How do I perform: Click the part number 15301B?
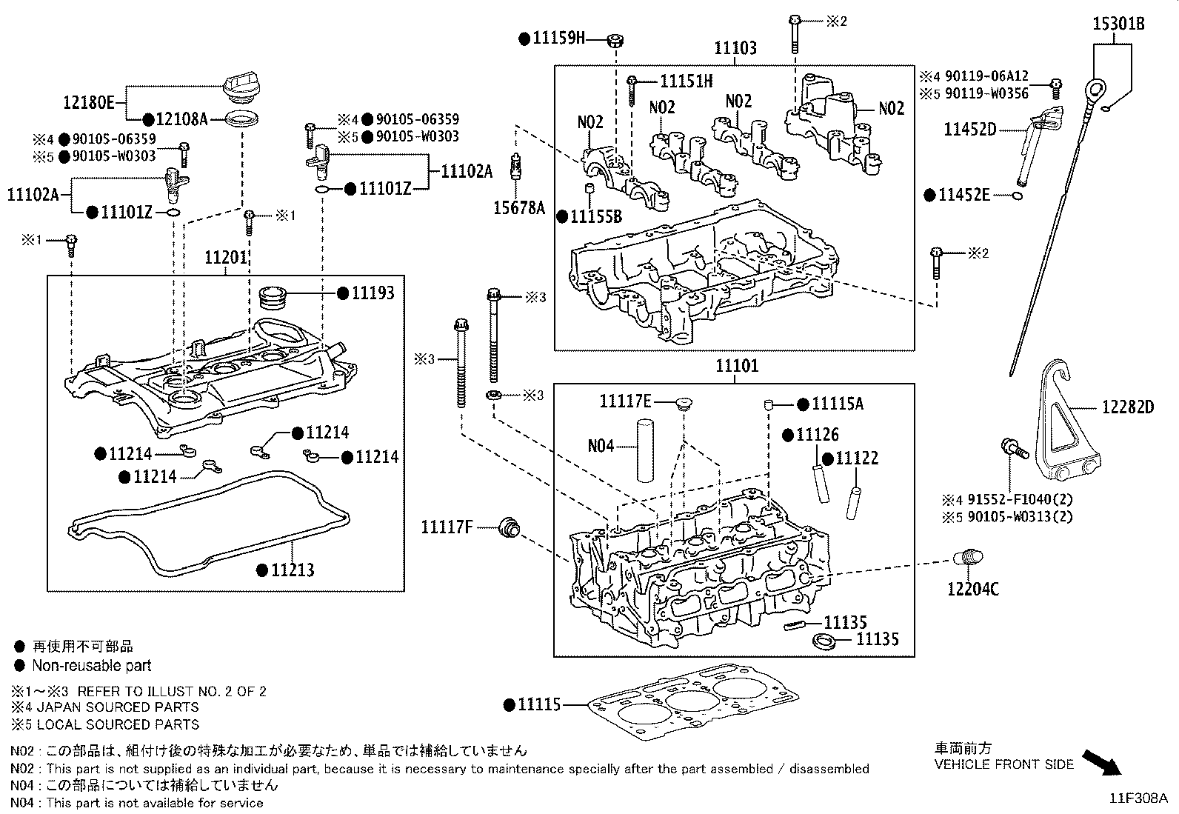tap(1119, 24)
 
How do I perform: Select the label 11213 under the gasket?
tap(292, 570)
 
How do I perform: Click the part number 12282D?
tap(1127, 407)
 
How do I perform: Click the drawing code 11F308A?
tap(1138, 798)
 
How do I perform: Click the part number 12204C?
tap(973, 590)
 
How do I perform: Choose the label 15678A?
tap(518, 209)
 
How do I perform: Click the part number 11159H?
tap(558, 39)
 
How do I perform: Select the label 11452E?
tap(964, 195)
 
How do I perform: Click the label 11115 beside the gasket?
tap(539, 705)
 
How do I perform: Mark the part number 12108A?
tap(181, 119)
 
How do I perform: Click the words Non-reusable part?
tap(92, 666)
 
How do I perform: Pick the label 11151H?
tap(686, 81)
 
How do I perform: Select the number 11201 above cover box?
tap(225, 257)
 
